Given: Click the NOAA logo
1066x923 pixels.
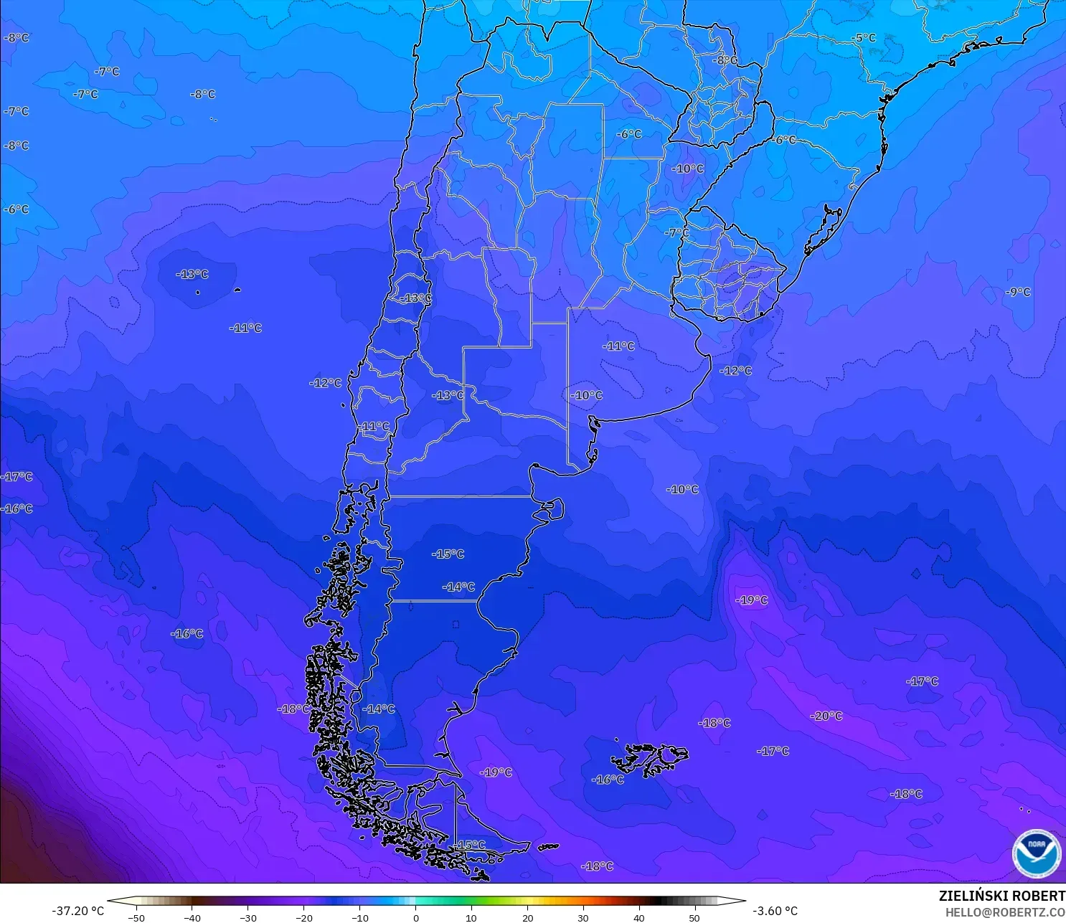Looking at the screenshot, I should click(1036, 853).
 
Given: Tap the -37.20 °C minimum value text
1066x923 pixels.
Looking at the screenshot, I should click(77, 911).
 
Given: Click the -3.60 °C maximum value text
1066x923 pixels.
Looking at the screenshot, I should click(775, 911).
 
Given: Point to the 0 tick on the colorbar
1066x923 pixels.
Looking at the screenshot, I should click(415, 917).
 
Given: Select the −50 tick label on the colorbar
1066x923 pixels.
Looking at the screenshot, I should click(136, 917).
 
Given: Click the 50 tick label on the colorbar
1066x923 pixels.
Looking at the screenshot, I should click(694, 917).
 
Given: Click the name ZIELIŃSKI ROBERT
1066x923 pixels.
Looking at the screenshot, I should click(1001, 896).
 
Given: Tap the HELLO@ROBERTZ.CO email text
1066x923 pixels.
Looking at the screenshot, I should click(1004, 912).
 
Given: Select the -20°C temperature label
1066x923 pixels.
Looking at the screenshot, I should click(826, 716).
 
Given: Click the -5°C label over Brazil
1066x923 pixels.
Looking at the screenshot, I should click(864, 37).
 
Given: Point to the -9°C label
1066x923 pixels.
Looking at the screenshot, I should click(1018, 292).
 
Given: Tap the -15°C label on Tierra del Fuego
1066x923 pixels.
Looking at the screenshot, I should click(471, 845).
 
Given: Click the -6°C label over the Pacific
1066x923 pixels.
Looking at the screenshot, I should click(16, 209).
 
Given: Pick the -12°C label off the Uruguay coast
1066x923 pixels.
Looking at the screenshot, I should click(737, 371).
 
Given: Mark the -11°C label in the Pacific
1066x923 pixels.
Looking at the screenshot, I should click(246, 328).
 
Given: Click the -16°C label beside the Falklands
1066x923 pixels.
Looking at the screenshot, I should click(608, 780).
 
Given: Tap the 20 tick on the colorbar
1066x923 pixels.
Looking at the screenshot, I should click(527, 917).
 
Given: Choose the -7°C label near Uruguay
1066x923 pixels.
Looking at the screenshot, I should click(676, 232).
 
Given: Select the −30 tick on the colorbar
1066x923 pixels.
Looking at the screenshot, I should click(247, 917).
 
